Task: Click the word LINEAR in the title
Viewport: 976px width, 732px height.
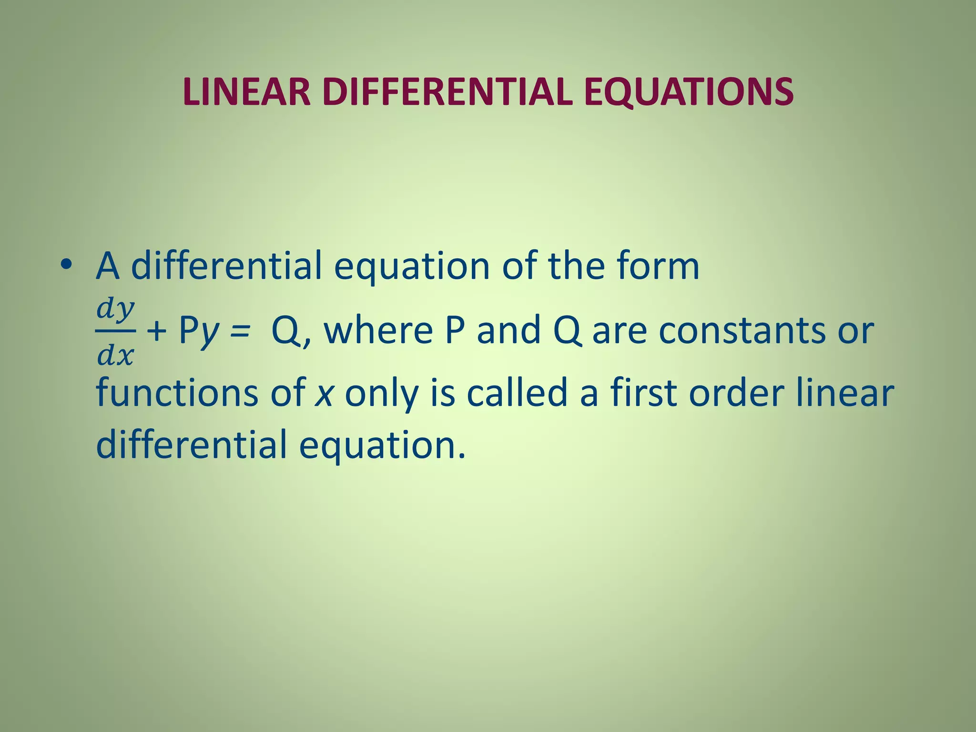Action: coord(246,91)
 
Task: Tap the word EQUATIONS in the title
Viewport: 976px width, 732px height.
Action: coord(689,91)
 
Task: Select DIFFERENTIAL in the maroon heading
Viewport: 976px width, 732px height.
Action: coord(447,91)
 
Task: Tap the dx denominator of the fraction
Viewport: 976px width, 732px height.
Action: coord(115,355)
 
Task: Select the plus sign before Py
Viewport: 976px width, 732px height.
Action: coord(156,330)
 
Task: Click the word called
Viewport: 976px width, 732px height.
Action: coord(517,393)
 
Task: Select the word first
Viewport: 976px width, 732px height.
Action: coord(644,393)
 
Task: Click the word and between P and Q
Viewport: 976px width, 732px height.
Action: coord(508,330)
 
